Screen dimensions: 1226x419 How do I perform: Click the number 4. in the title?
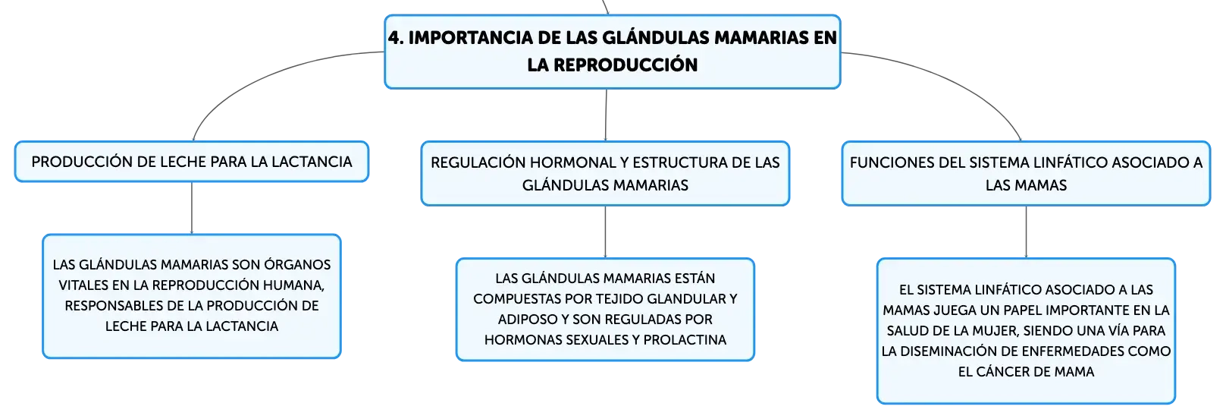coord(397,37)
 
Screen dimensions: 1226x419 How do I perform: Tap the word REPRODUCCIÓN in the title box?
coord(626,65)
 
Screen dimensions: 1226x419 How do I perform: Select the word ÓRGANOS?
coord(297,265)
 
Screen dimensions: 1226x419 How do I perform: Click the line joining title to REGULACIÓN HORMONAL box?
coord(606,115)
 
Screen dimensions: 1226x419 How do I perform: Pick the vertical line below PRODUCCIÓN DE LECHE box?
coord(192,208)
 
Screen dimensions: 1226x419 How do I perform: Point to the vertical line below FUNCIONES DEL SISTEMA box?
coord(1027,232)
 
